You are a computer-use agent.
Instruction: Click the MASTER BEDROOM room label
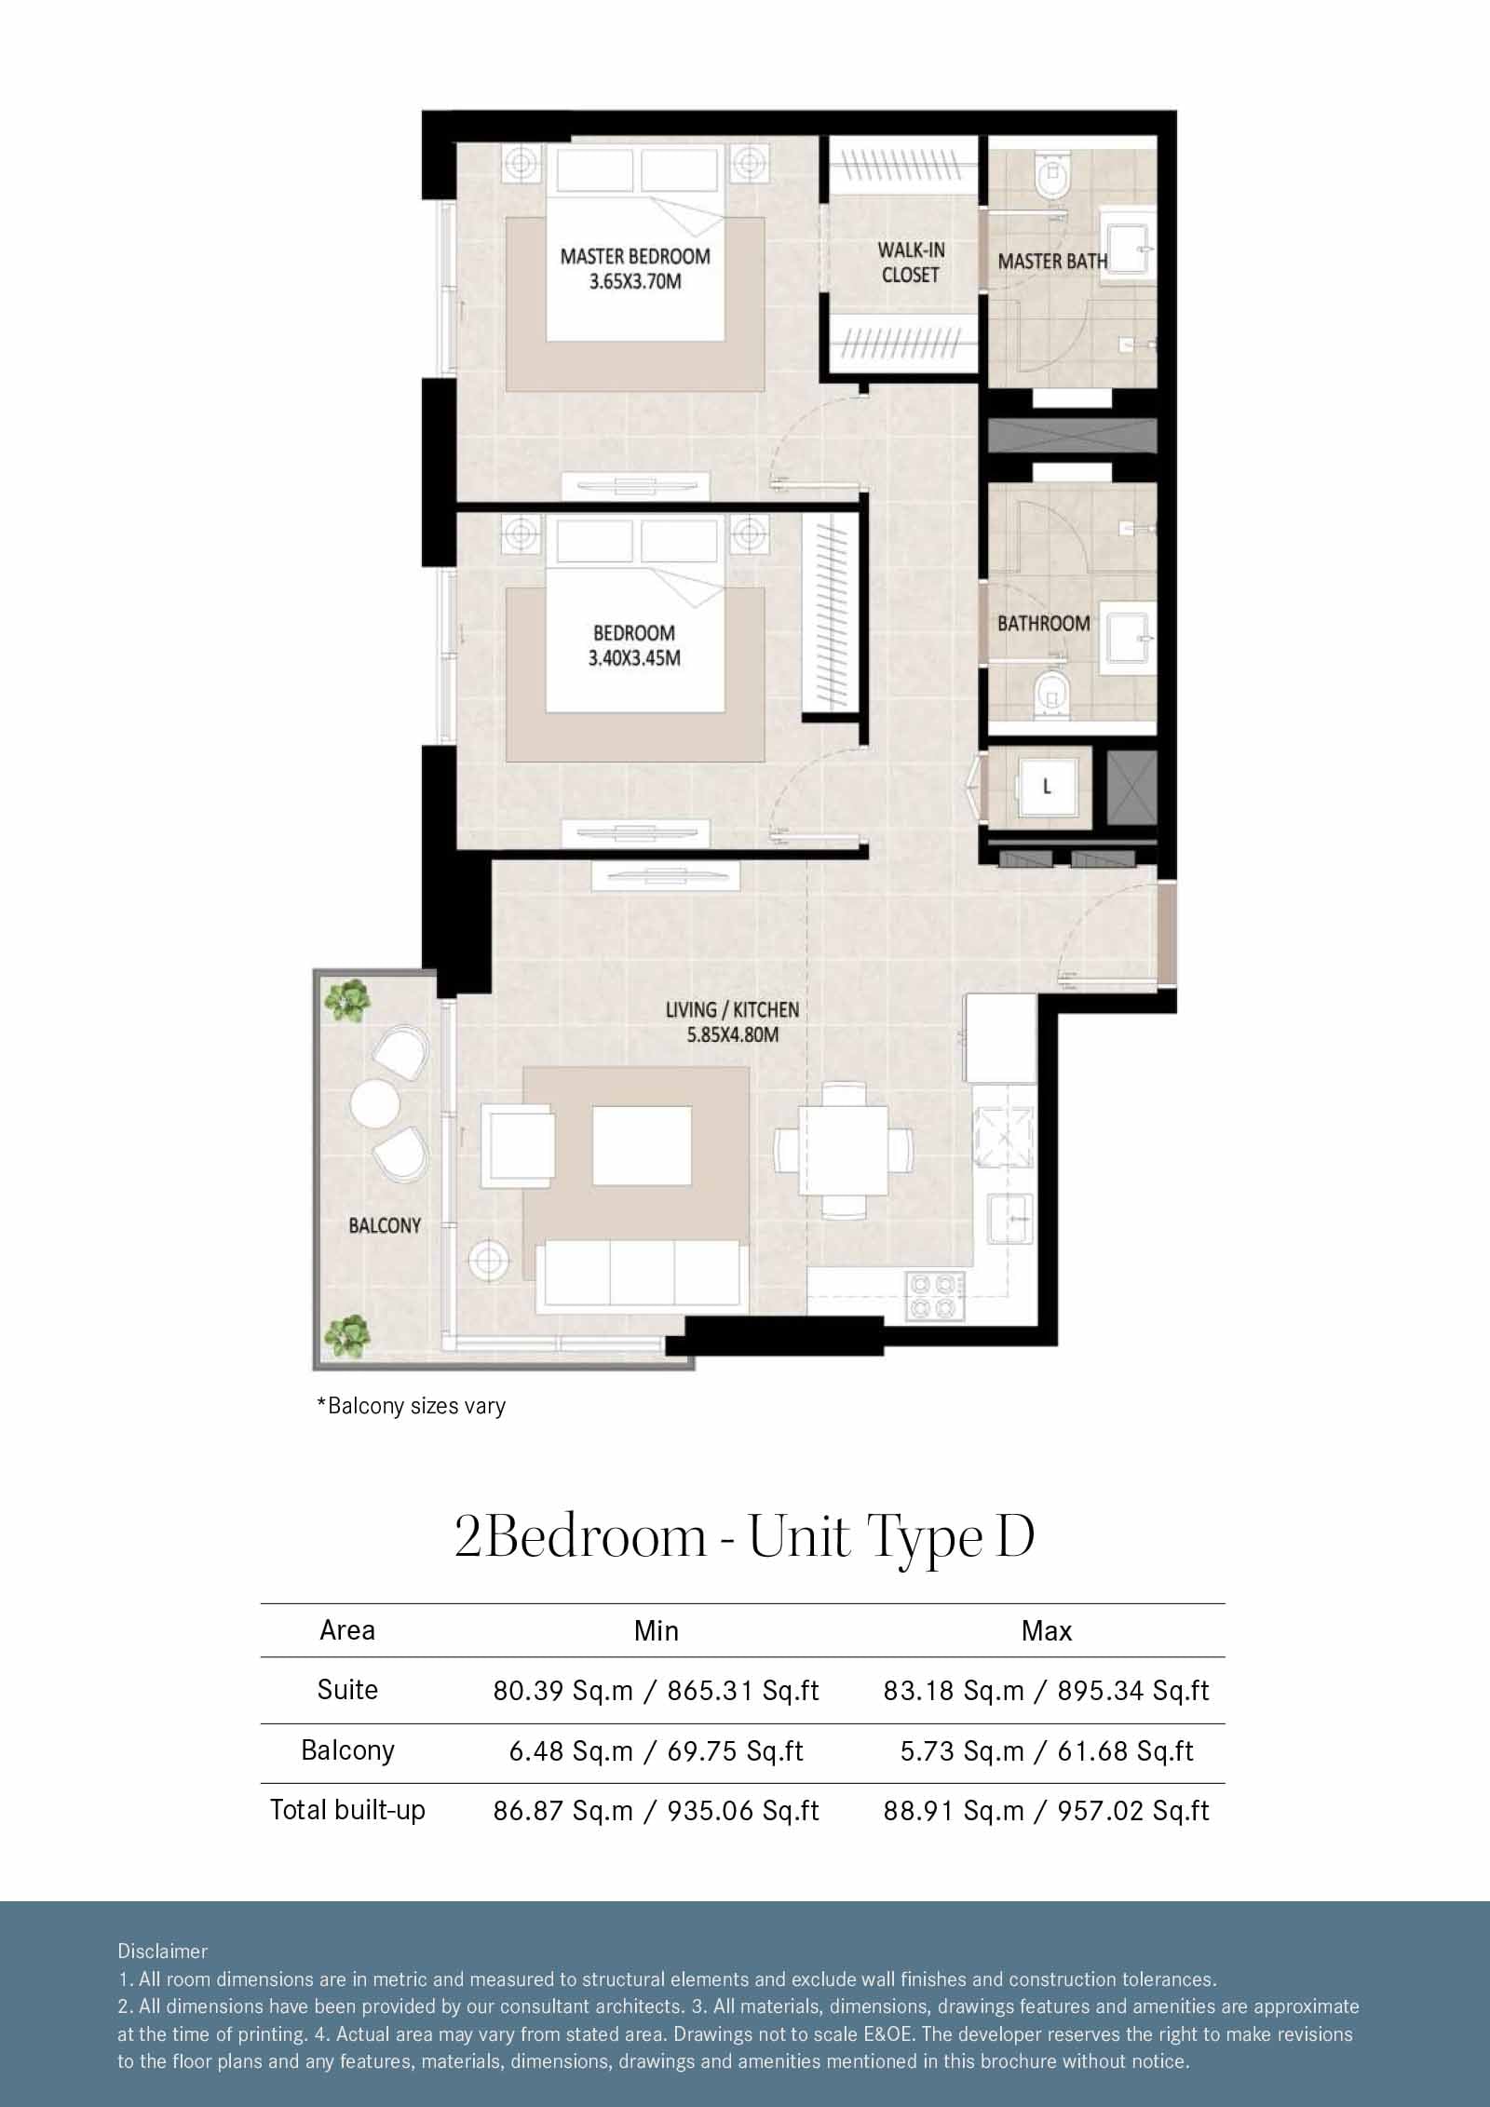[635, 256]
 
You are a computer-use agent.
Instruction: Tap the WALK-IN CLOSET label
[911, 262]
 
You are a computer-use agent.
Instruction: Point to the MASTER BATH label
[1052, 262]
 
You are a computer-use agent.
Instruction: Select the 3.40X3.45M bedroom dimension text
[634, 658]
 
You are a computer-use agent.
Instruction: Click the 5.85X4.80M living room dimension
[732, 1033]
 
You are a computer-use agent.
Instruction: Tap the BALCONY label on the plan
[385, 1225]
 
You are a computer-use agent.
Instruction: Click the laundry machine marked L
[1048, 788]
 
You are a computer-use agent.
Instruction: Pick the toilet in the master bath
[1052, 177]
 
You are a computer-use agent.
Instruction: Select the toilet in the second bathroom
[1052, 694]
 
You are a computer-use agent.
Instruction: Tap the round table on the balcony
[375, 1103]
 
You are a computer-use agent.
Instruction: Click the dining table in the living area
[844, 1149]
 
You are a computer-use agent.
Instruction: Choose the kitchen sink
[1011, 1217]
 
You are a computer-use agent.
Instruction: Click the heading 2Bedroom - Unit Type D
[745, 1538]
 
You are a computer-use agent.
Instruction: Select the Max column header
[1047, 1630]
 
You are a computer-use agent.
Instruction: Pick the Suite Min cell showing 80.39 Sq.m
[657, 1690]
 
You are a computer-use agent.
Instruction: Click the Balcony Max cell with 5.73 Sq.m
[1047, 1750]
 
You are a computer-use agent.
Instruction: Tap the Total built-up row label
[347, 1810]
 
